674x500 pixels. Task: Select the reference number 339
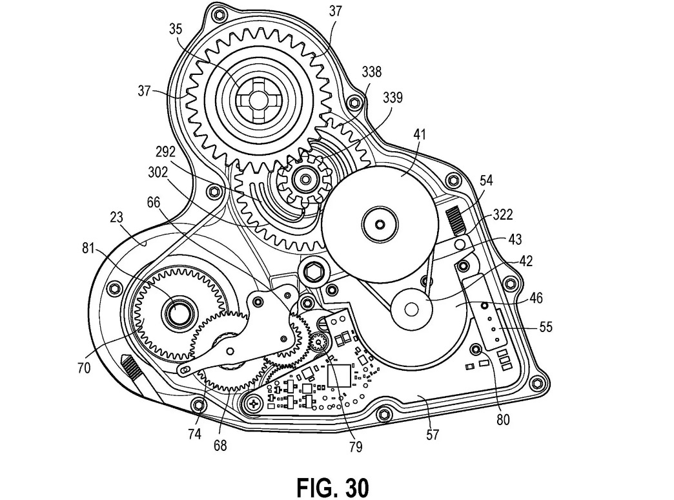(x=392, y=98)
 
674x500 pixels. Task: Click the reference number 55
(x=546, y=328)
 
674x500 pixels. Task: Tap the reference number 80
(x=503, y=419)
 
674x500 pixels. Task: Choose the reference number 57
(x=432, y=434)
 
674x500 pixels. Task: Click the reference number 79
(x=354, y=446)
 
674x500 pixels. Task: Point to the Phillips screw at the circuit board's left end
(x=255, y=404)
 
